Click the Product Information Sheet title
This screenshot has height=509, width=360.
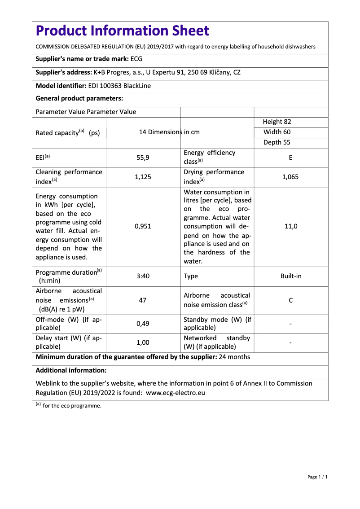pos(122,31)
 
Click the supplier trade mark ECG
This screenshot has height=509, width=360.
pos(136,59)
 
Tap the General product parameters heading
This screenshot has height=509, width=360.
pos(79,98)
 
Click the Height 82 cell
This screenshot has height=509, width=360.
pos(277,122)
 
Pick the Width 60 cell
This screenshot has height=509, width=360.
pos(277,132)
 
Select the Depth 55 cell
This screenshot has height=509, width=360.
pos(277,142)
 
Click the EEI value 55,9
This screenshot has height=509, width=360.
pos(143,158)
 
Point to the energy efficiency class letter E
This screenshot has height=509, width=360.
pos(291,158)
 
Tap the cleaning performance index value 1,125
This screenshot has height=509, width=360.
pos(143,177)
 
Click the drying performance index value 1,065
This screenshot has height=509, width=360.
pos(290,177)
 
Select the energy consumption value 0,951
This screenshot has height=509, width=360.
pos(143,226)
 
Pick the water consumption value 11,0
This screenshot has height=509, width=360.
pos(291,226)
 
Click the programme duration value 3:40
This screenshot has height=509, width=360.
pos(143,276)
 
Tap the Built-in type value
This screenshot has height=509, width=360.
pos(291,276)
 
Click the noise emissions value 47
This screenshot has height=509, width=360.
pos(143,300)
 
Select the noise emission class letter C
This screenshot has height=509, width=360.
pos(291,300)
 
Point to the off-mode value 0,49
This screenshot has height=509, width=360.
pos(143,324)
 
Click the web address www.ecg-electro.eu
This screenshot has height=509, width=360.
pos(176,392)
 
